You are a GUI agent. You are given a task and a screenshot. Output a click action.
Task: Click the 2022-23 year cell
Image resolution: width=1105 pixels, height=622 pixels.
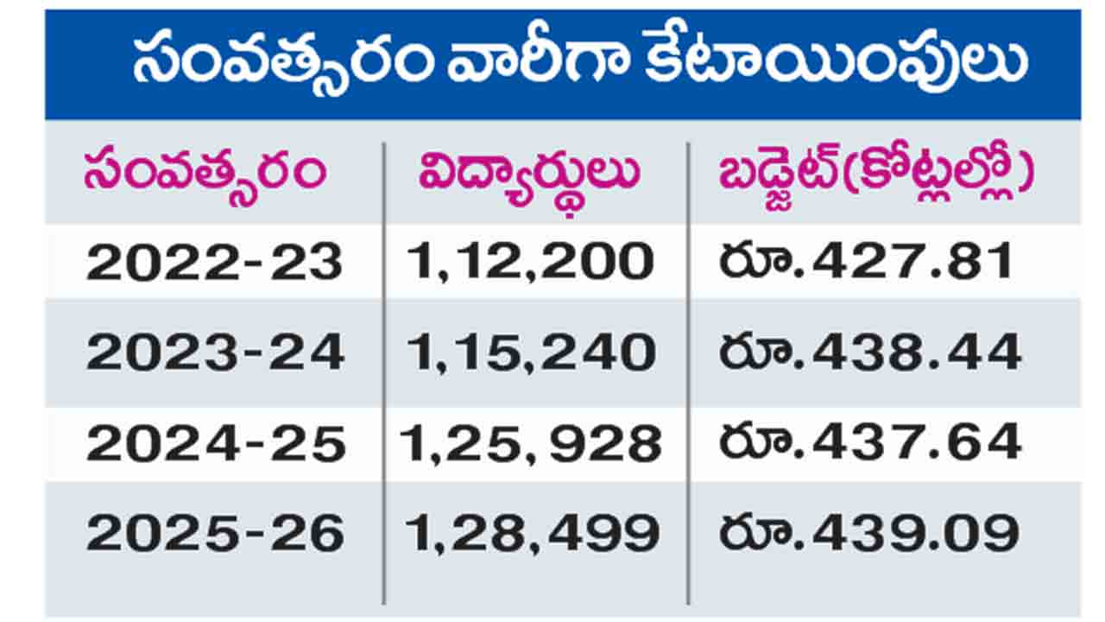point(215,262)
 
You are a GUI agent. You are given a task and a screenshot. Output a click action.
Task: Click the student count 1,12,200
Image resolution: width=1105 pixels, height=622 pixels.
point(530,262)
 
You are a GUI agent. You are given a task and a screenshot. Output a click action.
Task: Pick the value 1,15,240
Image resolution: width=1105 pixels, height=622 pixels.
point(531,352)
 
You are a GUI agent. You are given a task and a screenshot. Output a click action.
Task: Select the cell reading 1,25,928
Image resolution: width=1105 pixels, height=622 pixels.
point(530,444)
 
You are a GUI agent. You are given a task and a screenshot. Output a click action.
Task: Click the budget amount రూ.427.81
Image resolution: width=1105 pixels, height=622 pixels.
point(867,262)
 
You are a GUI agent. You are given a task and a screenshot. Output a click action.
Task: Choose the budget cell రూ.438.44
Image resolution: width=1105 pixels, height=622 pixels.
point(870,352)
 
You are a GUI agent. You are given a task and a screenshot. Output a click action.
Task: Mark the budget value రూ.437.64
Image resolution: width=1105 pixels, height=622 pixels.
point(870,444)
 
